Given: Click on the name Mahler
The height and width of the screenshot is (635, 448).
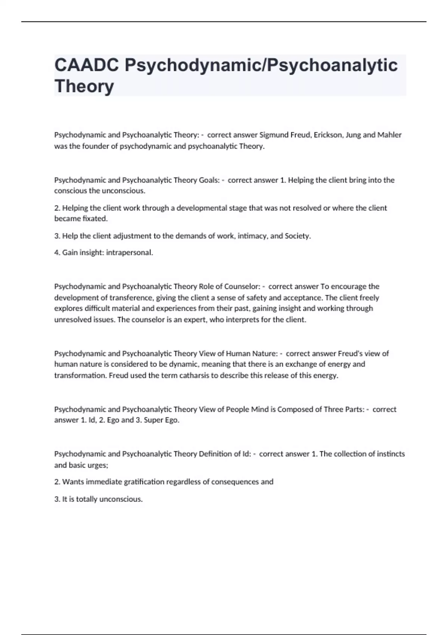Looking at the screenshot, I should coord(389,135).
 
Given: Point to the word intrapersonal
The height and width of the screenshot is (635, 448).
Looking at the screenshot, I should coord(130,253).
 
